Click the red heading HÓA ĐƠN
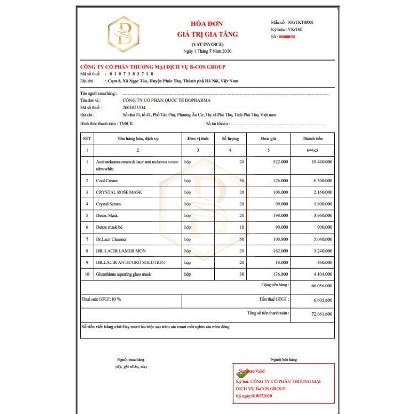pos(207,25)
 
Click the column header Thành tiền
pos(312,139)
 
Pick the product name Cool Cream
pos(107,181)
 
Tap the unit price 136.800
pos(279,274)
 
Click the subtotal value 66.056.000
pos(322,286)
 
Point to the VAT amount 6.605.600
pos(322,300)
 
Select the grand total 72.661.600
pos(322,314)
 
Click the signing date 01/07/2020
pos(261,396)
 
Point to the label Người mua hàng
pos(130,359)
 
